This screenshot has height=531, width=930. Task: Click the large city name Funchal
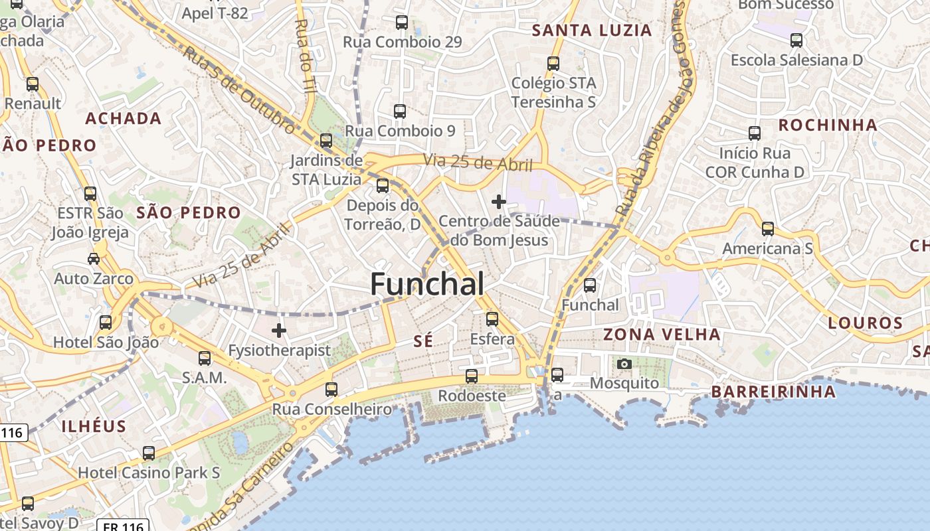coord(427,284)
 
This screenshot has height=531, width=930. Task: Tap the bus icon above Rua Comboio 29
coord(402,23)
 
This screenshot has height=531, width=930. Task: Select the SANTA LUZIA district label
coord(593,31)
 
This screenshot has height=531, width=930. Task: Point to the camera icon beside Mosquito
coord(624,364)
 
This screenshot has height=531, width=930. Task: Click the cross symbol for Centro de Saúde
coord(499,201)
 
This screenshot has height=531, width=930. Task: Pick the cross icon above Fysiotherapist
coord(279,329)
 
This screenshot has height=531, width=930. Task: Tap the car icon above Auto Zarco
coord(94,258)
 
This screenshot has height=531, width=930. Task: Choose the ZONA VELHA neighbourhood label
coord(662,335)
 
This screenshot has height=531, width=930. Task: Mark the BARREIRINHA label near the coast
coord(774,392)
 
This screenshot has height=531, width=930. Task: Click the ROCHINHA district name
coord(828,125)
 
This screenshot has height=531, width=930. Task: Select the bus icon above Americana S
coord(768,229)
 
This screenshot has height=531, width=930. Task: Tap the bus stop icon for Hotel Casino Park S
coord(149,453)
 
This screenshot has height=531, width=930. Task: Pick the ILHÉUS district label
coord(94,426)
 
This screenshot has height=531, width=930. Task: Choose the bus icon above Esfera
coord(492,319)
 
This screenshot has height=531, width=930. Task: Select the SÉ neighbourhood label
coord(423,341)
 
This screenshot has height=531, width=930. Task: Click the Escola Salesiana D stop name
coord(796,60)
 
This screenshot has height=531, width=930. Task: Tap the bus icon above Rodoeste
coord(472,376)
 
